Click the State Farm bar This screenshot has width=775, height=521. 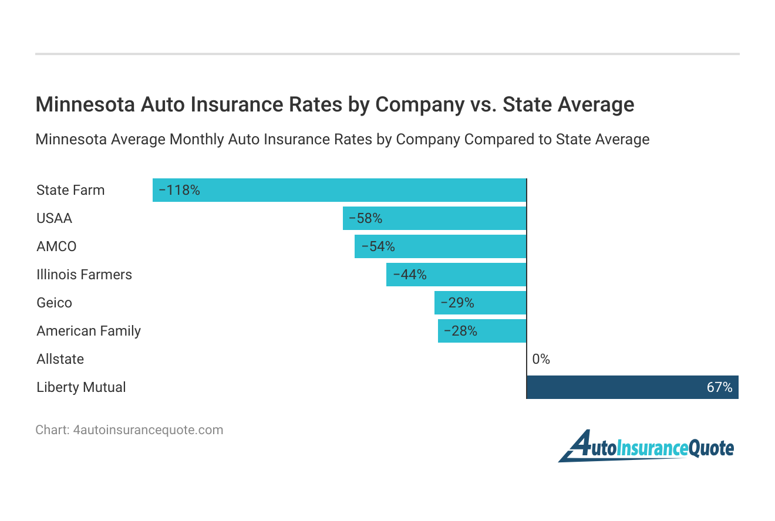[339, 190]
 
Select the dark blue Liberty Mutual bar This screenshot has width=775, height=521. [632, 387]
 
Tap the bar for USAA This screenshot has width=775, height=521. [434, 218]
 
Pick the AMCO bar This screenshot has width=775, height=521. [440, 246]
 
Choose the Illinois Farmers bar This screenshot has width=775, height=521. [456, 275]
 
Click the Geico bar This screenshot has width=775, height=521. [480, 303]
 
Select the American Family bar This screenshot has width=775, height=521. [482, 331]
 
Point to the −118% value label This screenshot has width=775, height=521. [179, 190]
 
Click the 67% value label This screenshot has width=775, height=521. [719, 387]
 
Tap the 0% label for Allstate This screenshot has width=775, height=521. [541, 359]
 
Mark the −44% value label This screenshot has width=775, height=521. [409, 275]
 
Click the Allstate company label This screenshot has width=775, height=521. [60, 359]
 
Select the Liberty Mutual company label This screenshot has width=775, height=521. [81, 387]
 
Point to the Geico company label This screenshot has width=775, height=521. [54, 303]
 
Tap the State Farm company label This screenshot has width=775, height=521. [70, 190]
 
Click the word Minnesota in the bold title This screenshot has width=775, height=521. [85, 104]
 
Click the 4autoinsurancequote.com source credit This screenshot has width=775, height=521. [148, 430]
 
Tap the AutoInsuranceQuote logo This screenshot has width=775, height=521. [646, 447]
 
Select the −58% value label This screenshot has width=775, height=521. [365, 218]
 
